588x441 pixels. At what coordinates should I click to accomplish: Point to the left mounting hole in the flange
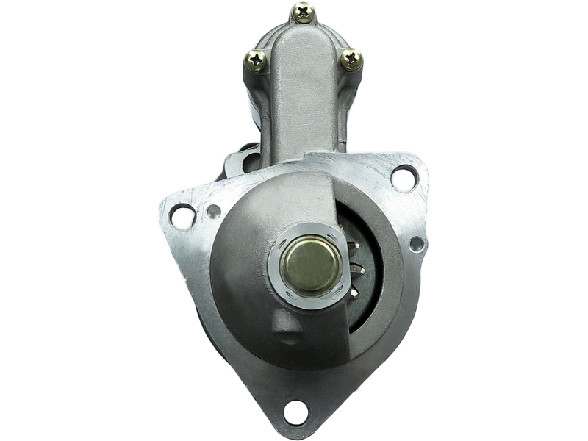179,215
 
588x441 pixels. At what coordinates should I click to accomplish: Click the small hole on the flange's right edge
415,243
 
